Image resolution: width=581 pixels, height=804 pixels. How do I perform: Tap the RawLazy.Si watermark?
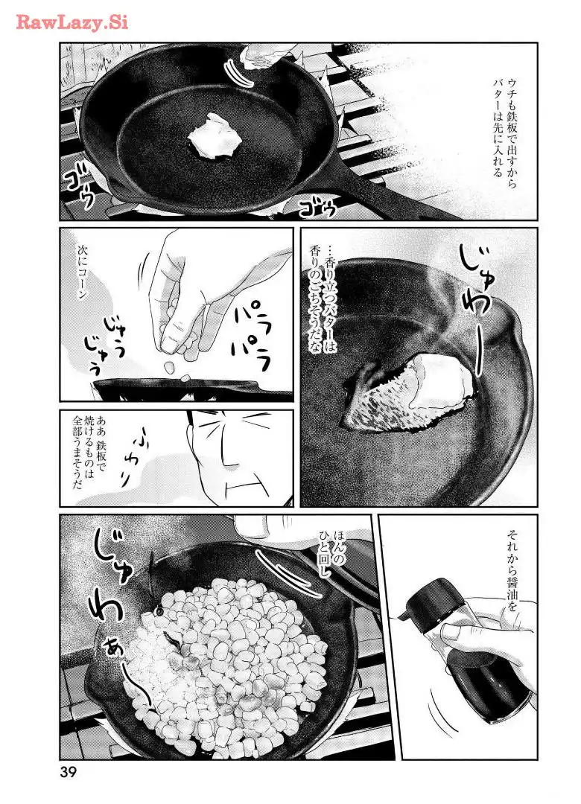point(72,22)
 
